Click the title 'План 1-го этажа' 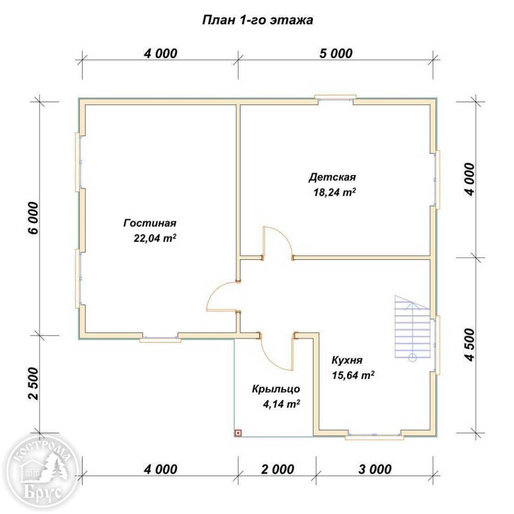[x=258, y=20]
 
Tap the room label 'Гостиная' [x=150, y=223]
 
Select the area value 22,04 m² [x=155, y=238]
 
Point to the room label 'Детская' [x=332, y=177]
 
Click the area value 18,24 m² [x=335, y=192]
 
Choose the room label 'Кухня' [x=347, y=360]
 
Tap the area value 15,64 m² [x=353, y=375]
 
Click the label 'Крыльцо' [x=276, y=389]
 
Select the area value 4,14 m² [x=282, y=404]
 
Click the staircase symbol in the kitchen [x=412, y=328]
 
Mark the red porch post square [x=238, y=433]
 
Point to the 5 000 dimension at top [x=336, y=53]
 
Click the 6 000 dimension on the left [x=33, y=218]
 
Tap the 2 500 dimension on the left [x=33, y=384]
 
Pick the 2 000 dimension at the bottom [x=278, y=469]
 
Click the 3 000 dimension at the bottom [x=375, y=469]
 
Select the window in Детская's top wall [x=336, y=98]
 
